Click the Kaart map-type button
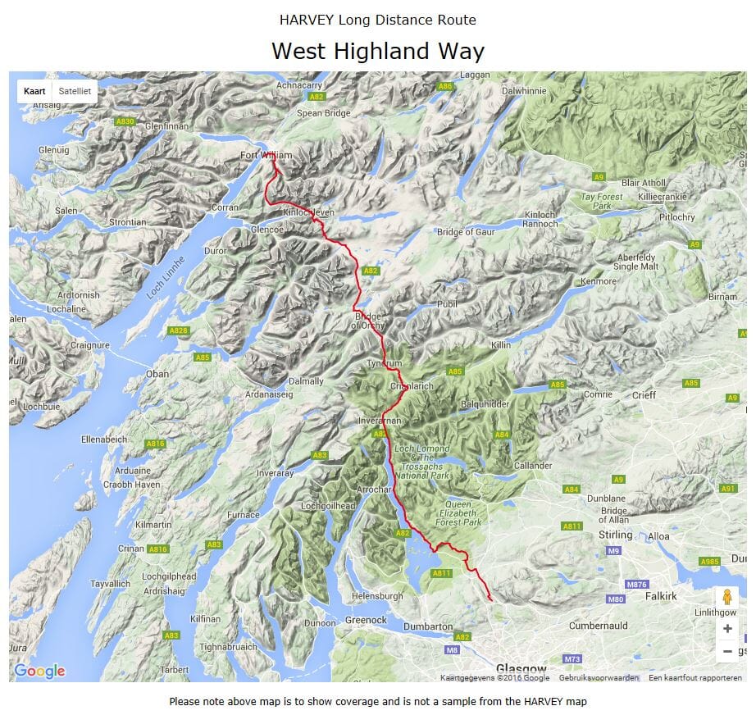coord(34,91)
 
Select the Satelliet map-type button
coord(75,91)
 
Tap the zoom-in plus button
coord(726,629)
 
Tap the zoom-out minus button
coord(726,652)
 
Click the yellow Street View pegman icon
coord(726,599)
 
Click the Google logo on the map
coord(39,672)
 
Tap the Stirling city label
coord(616,535)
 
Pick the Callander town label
coord(510,465)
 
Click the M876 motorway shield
coord(636,584)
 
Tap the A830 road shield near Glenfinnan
coord(125,121)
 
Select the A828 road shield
coord(178,330)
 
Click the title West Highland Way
coord(377,51)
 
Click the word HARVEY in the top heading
coord(306,20)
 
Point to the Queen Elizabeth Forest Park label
coord(462,512)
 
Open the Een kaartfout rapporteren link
coord(695,678)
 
